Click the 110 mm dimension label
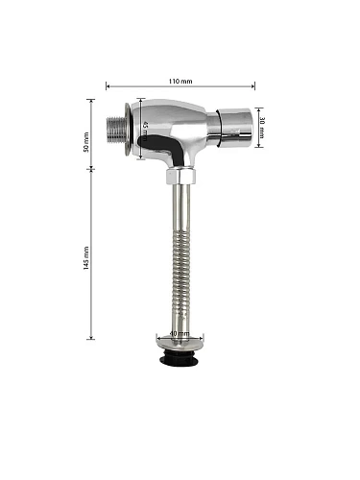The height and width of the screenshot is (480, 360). click(180, 81)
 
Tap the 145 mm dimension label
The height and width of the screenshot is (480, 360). click(86, 258)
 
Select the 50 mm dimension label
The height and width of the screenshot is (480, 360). click(86, 142)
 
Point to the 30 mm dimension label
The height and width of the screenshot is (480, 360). click(262, 128)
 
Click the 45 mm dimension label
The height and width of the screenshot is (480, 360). click(145, 132)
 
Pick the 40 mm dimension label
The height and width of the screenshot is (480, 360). click(180, 333)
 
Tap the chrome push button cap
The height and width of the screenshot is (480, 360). click(234, 128)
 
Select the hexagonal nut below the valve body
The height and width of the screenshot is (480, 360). click(180, 177)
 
